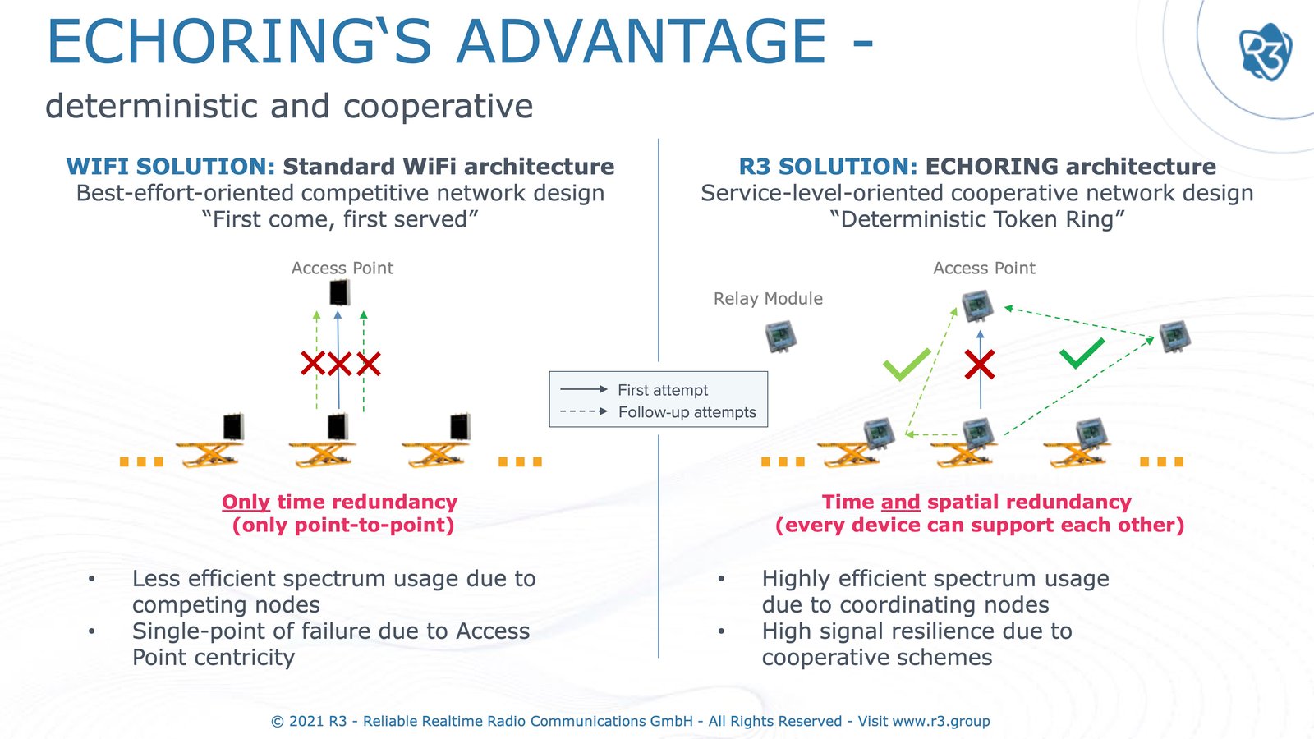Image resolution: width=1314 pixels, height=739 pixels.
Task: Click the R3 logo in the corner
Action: [1265, 52]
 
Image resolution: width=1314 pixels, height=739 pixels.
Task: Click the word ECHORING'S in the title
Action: [239, 42]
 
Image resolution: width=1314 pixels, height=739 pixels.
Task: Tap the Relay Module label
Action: [768, 299]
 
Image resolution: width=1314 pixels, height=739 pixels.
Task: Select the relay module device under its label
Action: [780, 336]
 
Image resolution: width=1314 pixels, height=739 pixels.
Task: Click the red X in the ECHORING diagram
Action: [980, 365]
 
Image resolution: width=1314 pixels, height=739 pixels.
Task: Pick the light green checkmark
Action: [907, 364]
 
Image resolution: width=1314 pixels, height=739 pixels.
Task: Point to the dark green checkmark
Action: [1082, 353]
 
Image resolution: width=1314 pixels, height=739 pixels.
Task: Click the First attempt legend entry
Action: [662, 390]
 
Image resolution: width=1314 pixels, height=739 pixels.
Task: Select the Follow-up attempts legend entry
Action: [687, 412]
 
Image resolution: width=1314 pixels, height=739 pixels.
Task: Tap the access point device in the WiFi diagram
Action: [339, 292]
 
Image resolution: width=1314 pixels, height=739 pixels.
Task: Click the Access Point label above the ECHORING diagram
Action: [984, 269]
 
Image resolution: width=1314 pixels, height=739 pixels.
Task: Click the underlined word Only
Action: [246, 502]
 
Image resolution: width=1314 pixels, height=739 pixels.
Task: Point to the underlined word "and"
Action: [900, 502]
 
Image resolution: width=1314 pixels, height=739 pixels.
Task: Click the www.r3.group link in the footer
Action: [940, 721]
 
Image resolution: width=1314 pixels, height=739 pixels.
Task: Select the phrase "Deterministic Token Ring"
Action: [976, 219]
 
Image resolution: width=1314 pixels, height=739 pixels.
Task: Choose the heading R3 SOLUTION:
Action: [828, 167]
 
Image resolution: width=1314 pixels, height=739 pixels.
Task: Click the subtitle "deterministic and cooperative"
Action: [289, 107]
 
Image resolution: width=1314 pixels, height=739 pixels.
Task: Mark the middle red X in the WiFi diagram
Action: [339, 364]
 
